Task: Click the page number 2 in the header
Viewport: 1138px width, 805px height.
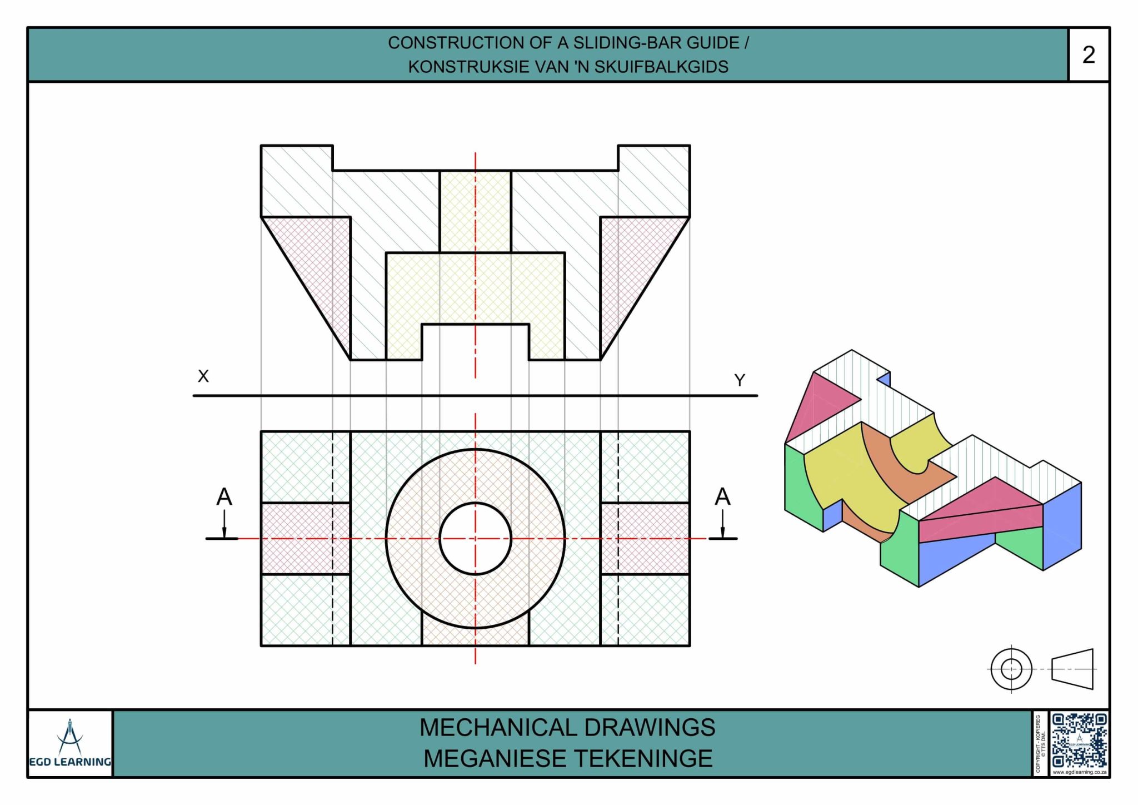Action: coord(1088,55)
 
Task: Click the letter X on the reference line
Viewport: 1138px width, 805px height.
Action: coord(203,376)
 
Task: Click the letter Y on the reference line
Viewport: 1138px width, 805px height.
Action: coord(739,380)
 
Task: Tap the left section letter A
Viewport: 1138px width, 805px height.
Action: coord(224,496)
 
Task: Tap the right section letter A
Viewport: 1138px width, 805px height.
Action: coord(722,496)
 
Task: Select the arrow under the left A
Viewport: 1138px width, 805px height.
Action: coord(224,525)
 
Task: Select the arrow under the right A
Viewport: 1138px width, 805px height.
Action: coord(722,525)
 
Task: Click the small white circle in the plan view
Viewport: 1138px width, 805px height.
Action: coord(475,538)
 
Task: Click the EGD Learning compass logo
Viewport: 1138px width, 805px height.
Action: coord(69,737)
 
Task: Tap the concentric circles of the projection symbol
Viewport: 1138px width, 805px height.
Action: coord(1011,669)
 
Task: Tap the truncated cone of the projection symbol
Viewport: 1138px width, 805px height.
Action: coord(1072,669)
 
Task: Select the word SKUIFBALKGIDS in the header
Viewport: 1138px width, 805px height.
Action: coord(661,67)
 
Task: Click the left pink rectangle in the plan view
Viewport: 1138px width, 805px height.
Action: coord(297,538)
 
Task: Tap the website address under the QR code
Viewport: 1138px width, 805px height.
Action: coord(1079,772)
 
